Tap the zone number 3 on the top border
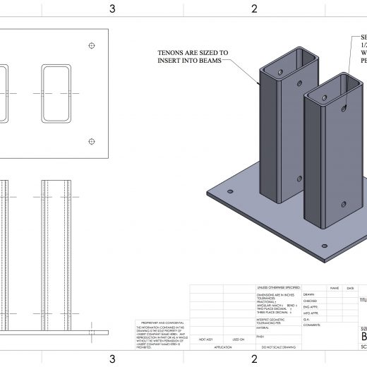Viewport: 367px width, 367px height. coord(112,8)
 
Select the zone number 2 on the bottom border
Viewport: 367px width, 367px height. coord(254,359)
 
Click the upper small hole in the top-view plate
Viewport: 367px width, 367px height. coord(91,46)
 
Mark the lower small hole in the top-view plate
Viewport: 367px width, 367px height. coord(91,140)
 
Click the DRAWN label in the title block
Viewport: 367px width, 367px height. coord(308,294)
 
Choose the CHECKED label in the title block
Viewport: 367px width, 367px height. coord(311,301)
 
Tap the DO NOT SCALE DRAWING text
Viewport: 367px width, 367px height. coord(278,348)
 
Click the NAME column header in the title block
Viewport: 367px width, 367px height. coord(335,288)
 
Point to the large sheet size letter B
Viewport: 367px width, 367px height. coord(363,337)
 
